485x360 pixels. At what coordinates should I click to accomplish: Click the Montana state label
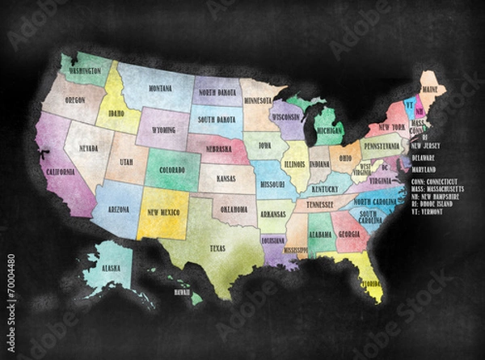159,88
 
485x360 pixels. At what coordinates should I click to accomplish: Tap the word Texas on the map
217,248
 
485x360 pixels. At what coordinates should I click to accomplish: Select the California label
61,173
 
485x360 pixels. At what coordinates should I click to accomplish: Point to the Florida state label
371,285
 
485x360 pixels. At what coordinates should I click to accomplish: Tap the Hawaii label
182,292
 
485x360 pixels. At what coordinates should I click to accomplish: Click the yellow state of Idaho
116,114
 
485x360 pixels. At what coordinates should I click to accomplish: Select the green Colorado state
173,170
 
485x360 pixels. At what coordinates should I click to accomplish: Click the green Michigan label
329,129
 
